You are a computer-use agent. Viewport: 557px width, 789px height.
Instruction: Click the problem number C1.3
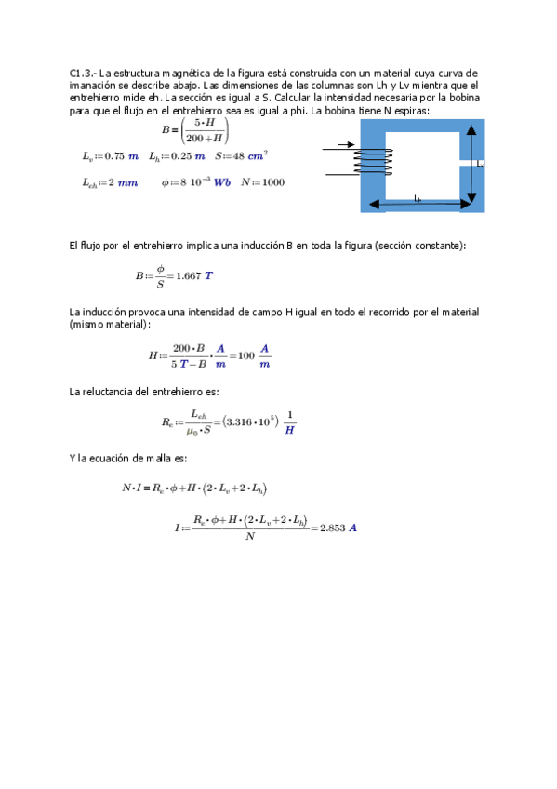(x=81, y=73)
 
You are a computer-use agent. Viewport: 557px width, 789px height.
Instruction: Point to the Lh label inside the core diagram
(x=418, y=199)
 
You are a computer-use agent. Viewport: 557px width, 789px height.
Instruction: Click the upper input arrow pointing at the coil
(x=338, y=145)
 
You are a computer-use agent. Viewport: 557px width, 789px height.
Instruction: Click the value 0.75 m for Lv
(x=122, y=156)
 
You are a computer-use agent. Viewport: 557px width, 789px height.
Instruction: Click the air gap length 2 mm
(x=121, y=182)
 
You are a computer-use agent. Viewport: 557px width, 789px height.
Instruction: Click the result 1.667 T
(x=194, y=276)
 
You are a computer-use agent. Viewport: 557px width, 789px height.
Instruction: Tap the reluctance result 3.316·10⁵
(x=247, y=421)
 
